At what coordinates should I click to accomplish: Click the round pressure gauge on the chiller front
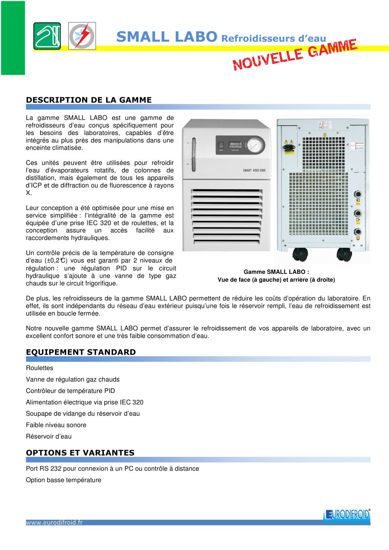coord(255,145)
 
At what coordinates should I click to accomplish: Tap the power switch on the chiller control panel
coord(221,145)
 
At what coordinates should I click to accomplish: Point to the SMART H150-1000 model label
coord(254,170)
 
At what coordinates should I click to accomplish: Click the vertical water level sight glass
coord(194,155)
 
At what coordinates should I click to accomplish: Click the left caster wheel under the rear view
coord(300,254)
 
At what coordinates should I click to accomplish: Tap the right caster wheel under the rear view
coord(344,254)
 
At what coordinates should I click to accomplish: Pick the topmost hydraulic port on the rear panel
coord(357,194)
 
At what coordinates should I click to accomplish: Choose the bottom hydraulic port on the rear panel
coord(357,232)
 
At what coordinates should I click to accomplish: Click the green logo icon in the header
coord(47,36)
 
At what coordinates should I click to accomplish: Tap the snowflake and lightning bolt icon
coord(82,36)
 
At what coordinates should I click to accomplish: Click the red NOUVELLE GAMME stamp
coord(294,55)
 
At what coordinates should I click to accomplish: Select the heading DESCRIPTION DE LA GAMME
coord(89,100)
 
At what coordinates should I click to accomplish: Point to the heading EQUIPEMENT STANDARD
coord(81,352)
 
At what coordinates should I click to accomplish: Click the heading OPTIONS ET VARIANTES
coord(80,453)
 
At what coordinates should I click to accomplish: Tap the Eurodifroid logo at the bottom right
coord(347,515)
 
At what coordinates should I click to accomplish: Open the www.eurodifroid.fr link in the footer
coord(54,522)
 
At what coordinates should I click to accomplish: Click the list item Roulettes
coord(40,368)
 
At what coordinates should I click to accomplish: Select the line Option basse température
coord(63,480)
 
